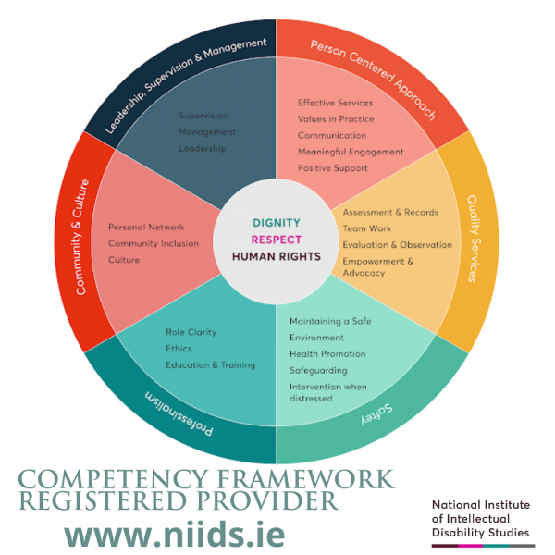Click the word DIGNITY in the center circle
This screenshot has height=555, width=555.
tap(277, 223)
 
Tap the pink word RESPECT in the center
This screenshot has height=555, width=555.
tap(277, 240)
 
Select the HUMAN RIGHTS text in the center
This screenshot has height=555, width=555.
tap(277, 256)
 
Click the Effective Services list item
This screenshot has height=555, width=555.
tap(336, 103)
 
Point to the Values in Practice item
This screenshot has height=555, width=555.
tap(336, 119)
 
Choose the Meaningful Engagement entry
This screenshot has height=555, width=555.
tap(351, 152)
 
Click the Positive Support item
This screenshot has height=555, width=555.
tap(333, 168)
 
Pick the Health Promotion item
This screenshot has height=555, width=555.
tap(327, 354)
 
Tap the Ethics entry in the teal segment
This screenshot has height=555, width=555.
tap(179, 349)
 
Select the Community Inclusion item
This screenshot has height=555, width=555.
tap(153, 243)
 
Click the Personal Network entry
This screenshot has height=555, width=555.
tap(146, 227)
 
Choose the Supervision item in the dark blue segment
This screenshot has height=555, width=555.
tap(203, 116)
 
